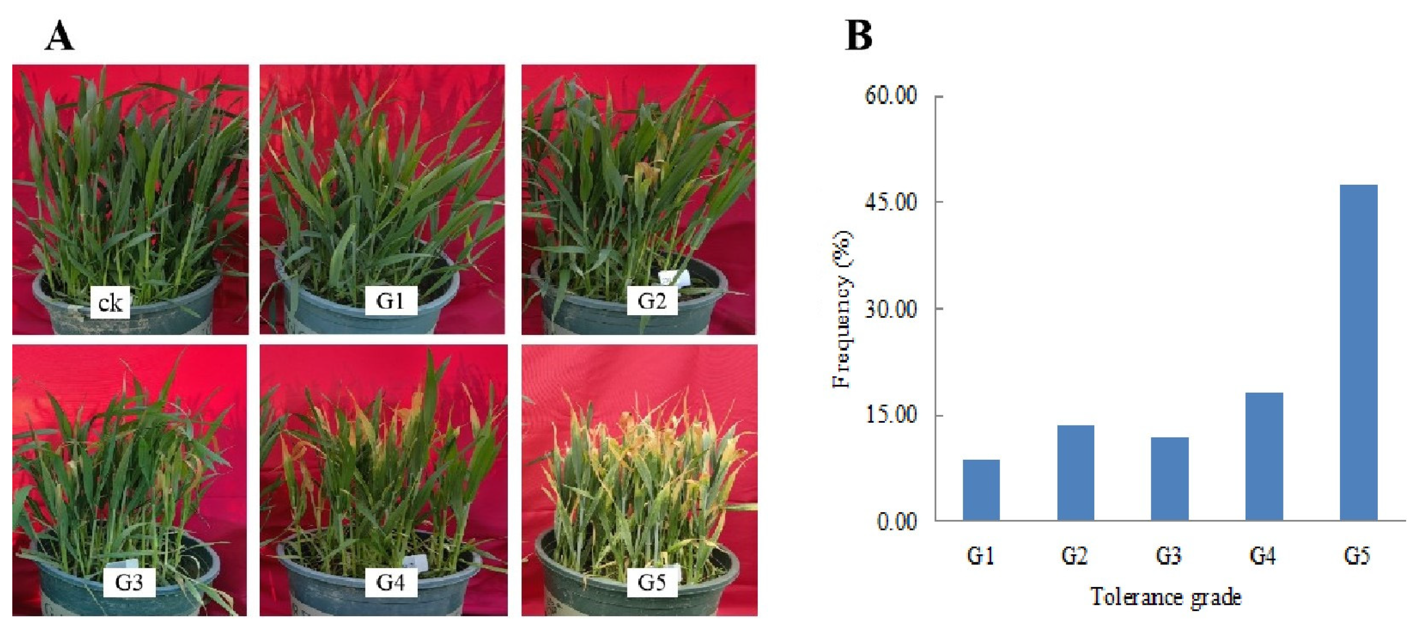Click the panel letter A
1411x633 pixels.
(x=59, y=37)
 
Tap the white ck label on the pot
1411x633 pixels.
(x=110, y=302)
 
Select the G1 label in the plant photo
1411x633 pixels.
(x=390, y=301)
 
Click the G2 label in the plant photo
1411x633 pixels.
(x=652, y=301)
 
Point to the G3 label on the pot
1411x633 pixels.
(x=129, y=582)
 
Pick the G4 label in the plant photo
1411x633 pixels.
(x=390, y=582)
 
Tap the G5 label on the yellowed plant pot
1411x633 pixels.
(x=652, y=582)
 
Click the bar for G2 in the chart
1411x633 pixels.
(x=1075, y=472)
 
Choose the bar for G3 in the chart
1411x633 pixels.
(x=1170, y=478)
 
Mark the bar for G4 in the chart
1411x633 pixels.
(x=1264, y=456)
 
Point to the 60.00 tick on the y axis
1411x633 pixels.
(x=891, y=95)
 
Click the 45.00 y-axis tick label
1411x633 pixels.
(x=891, y=202)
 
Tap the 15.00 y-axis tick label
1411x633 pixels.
(x=891, y=415)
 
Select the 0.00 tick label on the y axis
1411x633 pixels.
(x=897, y=521)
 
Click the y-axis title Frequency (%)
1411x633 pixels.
(x=842, y=310)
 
